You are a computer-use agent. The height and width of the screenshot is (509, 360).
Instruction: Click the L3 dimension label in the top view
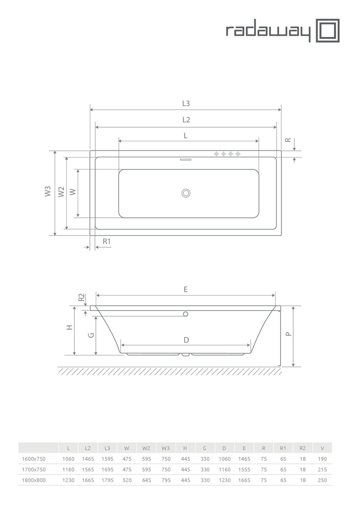pyautogui.click(x=186, y=103)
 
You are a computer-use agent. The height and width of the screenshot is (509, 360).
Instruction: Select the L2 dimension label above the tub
pyautogui.click(x=186, y=120)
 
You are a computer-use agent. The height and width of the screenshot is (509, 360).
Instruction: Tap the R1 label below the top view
pyautogui.click(x=106, y=241)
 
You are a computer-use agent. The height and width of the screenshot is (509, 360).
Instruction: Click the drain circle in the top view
pyautogui.click(x=186, y=193)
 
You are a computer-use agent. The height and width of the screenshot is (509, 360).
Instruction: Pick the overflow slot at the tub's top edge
pyautogui.click(x=186, y=160)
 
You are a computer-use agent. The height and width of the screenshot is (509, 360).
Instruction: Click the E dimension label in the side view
pyautogui.click(x=186, y=289)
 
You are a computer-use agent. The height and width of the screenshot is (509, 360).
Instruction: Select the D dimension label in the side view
pyautogui.click(x=186, y=340)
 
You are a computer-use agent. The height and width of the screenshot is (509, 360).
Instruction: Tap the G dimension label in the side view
pyautogui.click(x=91, y=335)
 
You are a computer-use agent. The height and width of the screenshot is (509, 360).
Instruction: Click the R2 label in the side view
pyautogui.click(x=81, y=297)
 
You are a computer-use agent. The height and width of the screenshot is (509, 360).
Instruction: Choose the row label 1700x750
pyautogui.click(x=33, y=470)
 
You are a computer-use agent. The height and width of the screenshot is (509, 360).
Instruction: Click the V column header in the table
pyautogui.click(x=322, y=448)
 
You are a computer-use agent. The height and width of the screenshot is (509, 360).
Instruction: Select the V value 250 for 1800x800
pyautogui.click(x=322, y=480)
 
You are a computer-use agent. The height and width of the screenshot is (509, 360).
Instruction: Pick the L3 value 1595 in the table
pyautogui.click(x=107, y=459)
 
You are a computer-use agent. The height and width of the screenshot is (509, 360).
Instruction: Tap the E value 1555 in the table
pyautogui.click(x=244, y=470)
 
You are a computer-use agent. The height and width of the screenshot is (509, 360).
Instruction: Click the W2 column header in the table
pyautogui.click(x=146, y=448)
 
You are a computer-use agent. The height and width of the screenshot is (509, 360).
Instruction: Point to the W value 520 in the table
pyautogui.click(x=127, y=480)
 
